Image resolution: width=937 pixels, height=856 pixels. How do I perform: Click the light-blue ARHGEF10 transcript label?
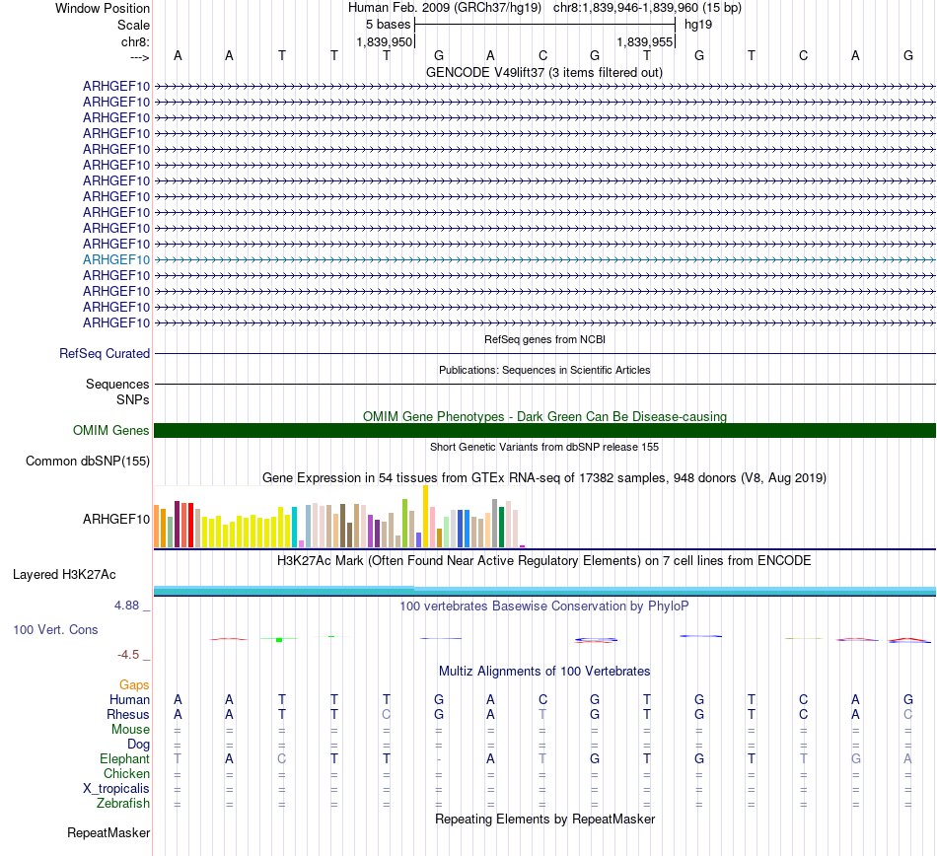pyautogui.click(x=116, y=259)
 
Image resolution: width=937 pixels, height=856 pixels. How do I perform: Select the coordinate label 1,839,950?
pyautogui.click(x=384, y=42)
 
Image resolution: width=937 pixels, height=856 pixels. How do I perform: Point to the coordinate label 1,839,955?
pyautogui.click(x=645, y=42)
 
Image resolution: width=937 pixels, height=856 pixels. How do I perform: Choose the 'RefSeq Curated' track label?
pyautogui.click(x=105, y=353)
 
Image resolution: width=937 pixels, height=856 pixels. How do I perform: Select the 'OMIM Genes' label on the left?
pyautogui.click(x=111, y=430)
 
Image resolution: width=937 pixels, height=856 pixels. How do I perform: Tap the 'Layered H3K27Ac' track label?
pyautogui.click(x=64, y=574)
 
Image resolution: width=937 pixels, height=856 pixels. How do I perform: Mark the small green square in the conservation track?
pyautogui.click(x=279, y=640)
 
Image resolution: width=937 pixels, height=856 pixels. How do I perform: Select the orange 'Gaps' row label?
pyautogui.click(x=134, y=684)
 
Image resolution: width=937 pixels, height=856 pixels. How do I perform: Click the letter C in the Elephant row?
pyautogui.click(x=282, y=758)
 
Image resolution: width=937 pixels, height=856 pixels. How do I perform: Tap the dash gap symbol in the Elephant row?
pyautogui.click(x=439, y=758)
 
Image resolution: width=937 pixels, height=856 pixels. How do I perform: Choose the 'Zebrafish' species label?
pyautogui.click(x=122, y=803)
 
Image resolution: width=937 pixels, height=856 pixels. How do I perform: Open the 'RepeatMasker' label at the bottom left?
pyautogui.click(x=108, y=832)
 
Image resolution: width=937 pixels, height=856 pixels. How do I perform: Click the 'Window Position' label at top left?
pyautogui.click(x=103, y=8)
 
